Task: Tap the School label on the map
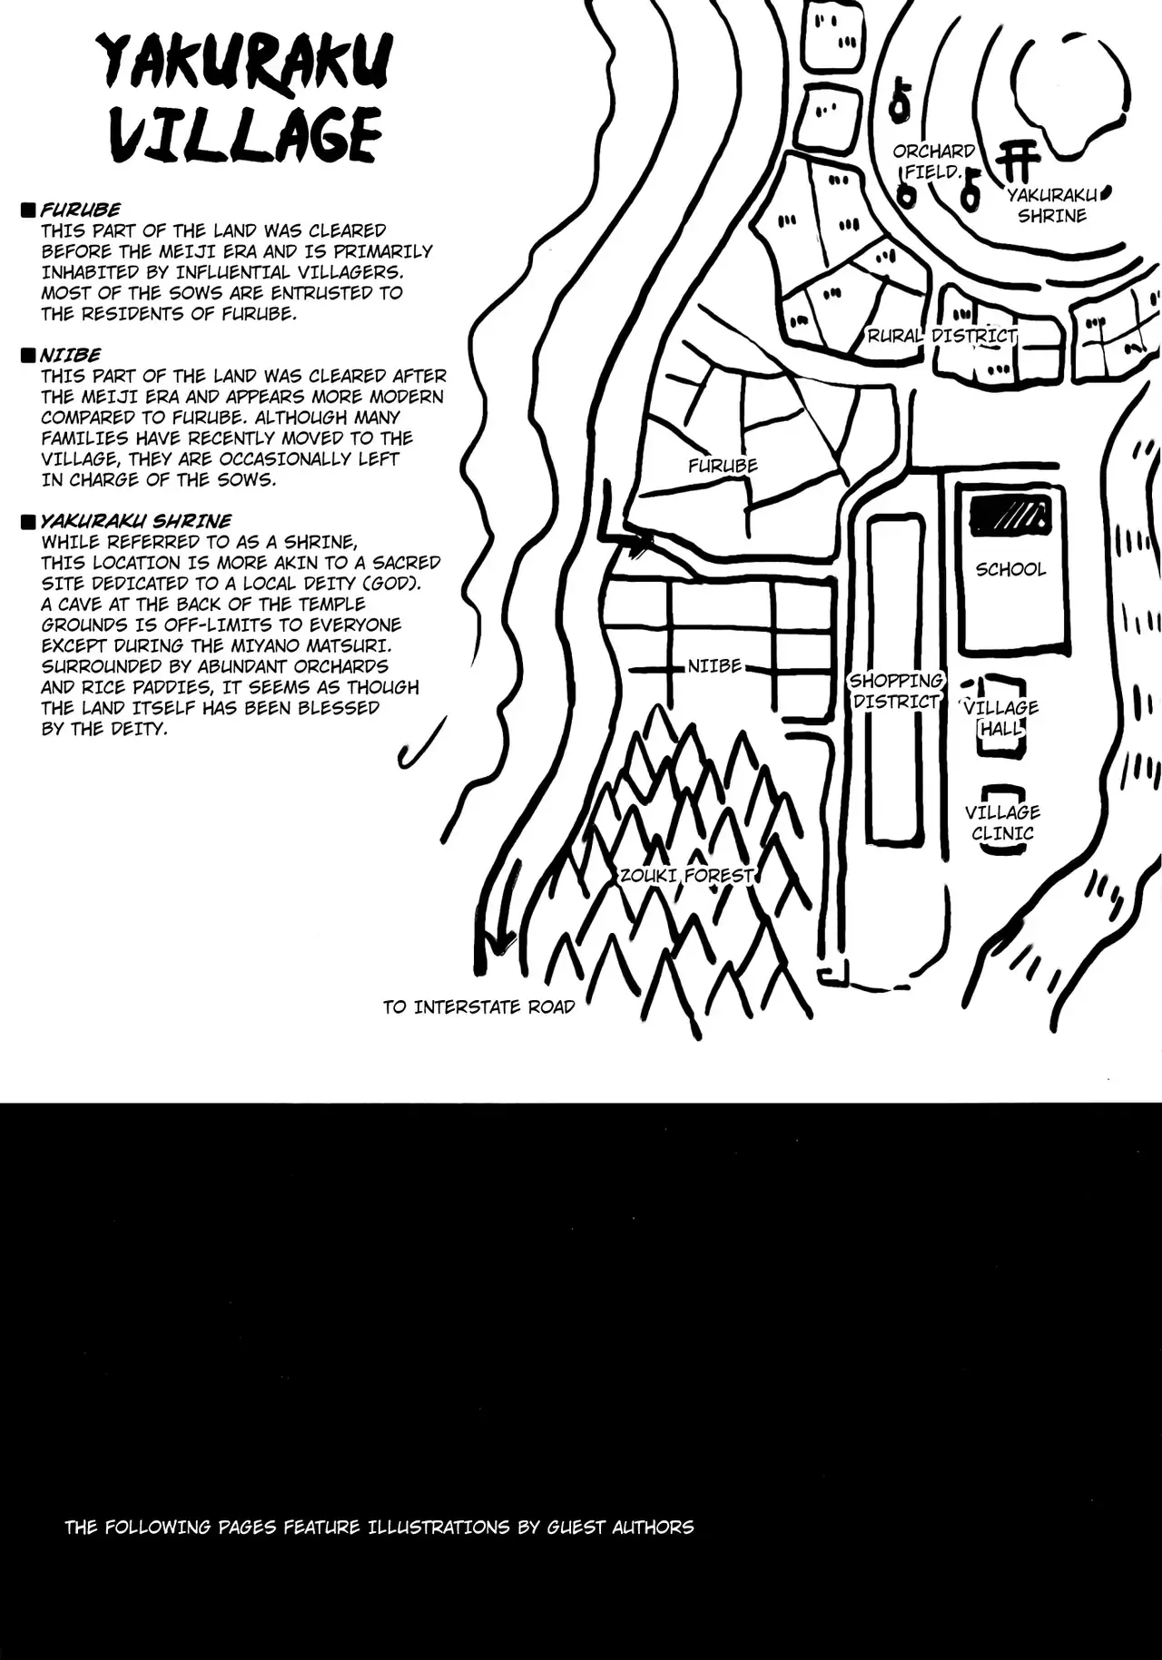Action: pyautogui.click(x=1010, y=569)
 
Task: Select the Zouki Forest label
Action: pyautogui.click(x=686, y=876)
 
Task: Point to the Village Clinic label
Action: pyautogui.click(x=1002, y=822)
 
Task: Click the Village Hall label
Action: pyautogui.click(x=1000, y=718)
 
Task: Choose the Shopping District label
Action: pyautogui.click(x=896, y=691)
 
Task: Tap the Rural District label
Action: pyautogui.click(x=942, y=336)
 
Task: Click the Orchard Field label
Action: pyautogui.click(x=933, y=161)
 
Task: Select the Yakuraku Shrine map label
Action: pyautogui.click(x=1052, y=205)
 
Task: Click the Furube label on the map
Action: pyautogui.click(x=723, y=466)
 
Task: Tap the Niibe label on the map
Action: pyautogui.click(x=714, y=666)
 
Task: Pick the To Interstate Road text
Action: pyautogui.click(x=478, y=1007)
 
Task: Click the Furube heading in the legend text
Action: pyautogui.click(x=80, y=210)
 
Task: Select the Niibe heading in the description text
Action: pyautogui.click(x=70, y=355)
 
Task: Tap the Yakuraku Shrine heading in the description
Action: pyautogui.click(x=135, y=521)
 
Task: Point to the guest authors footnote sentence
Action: pyautogui.click(x=379, y=1527)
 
